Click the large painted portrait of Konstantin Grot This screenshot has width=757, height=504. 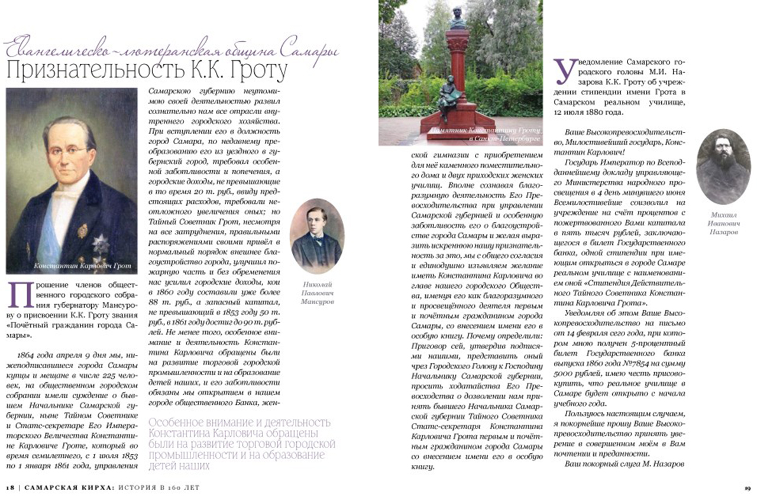pos(72,177)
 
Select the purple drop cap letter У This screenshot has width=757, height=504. pos(565,72)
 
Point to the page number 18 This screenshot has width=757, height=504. pos(10,488)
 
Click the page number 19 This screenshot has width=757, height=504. pos(747,488)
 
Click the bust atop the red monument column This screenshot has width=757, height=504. pos(457,17)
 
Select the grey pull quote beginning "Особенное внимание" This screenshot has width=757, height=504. pos(242,443)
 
